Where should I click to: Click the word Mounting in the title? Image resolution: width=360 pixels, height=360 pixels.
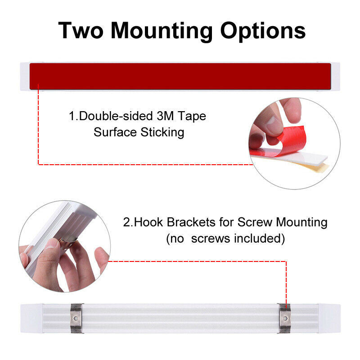click(162, 31)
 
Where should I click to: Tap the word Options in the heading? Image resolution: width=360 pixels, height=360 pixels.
click(263, 31)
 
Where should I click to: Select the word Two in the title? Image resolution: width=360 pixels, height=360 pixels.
click(81, 31)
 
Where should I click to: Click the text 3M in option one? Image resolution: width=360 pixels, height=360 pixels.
click(165, 116)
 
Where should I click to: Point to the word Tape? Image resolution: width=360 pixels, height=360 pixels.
click(192, 117)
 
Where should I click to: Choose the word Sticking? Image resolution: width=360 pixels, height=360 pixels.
click(162, 133)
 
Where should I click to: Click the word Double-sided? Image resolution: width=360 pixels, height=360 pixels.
click(116, 116)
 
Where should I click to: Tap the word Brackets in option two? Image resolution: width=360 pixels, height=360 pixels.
click(191, 222)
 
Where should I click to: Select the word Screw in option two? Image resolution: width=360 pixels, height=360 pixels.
click(255, 222)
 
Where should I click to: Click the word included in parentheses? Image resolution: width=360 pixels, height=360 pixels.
click(257, 238)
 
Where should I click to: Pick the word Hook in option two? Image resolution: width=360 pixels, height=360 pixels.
click(148, 222)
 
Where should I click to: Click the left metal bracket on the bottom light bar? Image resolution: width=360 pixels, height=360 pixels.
click(76, 318)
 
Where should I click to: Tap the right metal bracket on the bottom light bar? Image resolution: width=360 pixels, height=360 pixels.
click(285, 319)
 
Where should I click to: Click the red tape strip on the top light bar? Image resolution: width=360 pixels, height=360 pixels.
click(180, 76)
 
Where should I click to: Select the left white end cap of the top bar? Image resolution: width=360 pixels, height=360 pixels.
click(25, 76)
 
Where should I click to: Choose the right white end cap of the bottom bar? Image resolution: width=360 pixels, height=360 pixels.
click(330, 319)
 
